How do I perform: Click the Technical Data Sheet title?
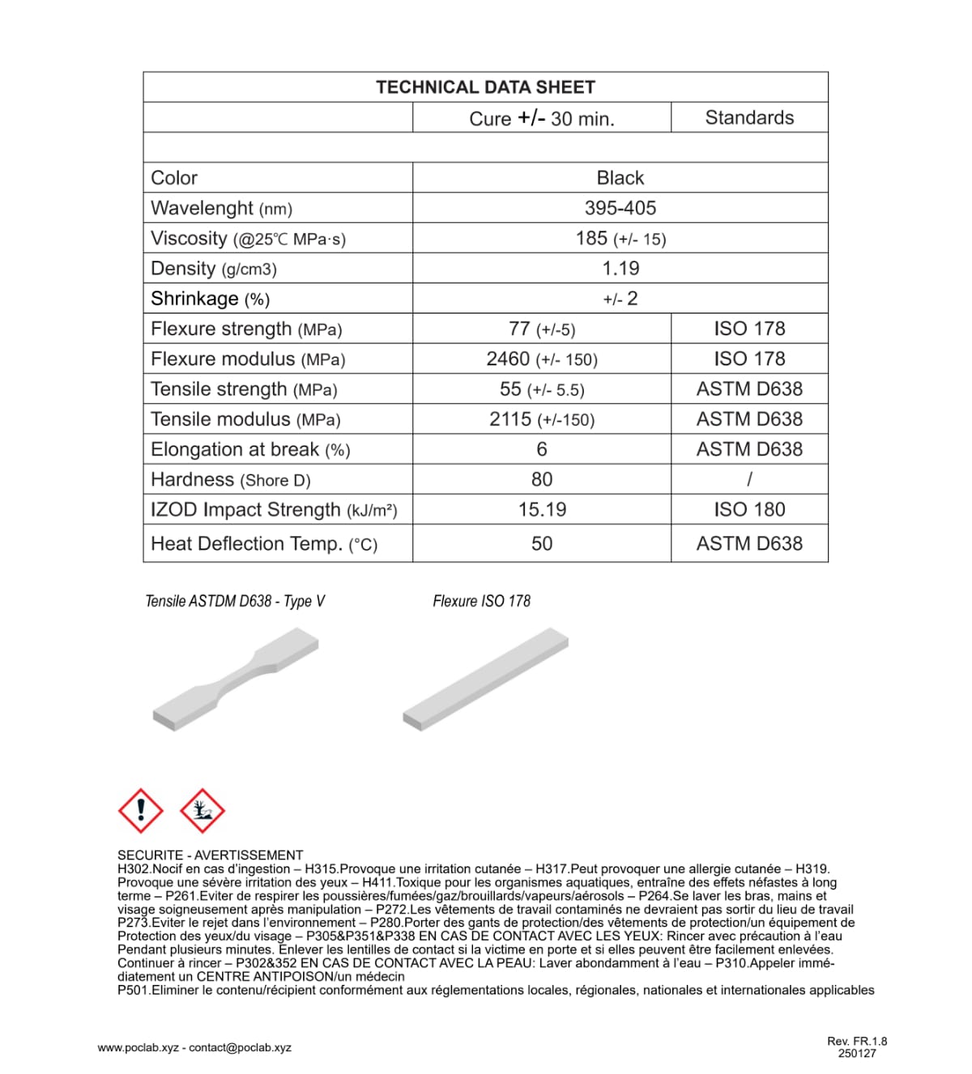[485, 87]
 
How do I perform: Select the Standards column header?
[749, 117]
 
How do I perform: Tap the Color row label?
[174, 178]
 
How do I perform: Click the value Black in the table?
[620, 178]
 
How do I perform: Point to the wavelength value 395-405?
[620, 208]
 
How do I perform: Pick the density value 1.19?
[620, 268]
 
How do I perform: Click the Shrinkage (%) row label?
[210, 299]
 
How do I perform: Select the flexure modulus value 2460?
[509, 359]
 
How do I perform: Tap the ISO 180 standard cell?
[749, 509]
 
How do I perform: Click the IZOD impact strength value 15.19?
[542, 509]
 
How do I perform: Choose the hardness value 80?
[542, 479]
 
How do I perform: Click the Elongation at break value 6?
[542, 450]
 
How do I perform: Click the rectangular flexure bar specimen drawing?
[486, 679]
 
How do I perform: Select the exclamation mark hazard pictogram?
[141, 810]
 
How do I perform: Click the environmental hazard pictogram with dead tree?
[202, 810]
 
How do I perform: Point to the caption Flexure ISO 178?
[481, 601]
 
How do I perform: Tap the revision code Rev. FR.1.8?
[857, 1042]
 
